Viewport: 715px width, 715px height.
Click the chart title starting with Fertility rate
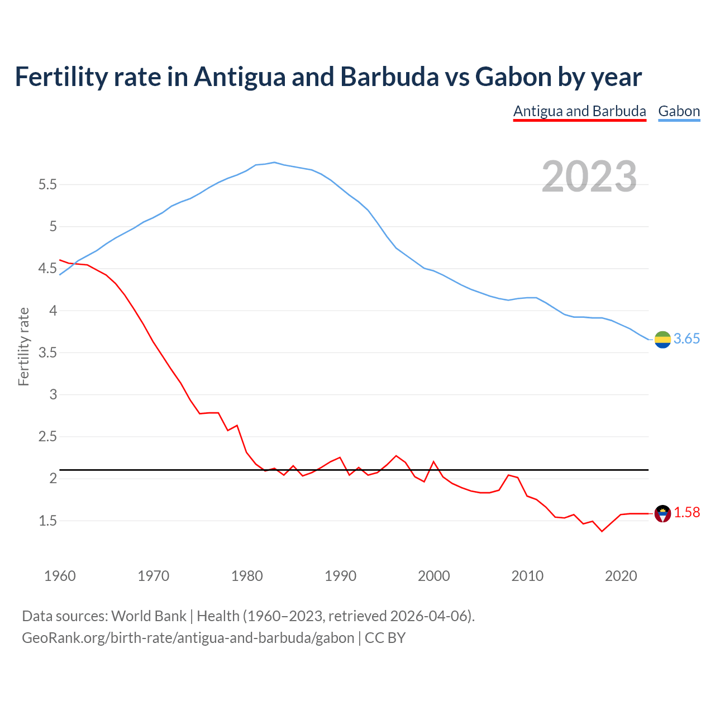[328, 77]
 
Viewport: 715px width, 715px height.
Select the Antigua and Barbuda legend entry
[579, 111]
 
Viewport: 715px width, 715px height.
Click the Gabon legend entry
[679, 111]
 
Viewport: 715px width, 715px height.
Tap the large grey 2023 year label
[589, 177]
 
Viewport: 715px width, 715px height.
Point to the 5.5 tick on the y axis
[47, 184]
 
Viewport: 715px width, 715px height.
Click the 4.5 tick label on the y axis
[47, 269]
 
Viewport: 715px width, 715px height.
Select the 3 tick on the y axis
[53, 394]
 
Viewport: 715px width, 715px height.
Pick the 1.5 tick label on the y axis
[47, 521]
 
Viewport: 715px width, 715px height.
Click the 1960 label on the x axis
[60, 576]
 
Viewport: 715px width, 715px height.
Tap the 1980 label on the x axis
[247, 576]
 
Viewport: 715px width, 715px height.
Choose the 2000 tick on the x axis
[433, 576]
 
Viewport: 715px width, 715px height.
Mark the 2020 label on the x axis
[621, 576]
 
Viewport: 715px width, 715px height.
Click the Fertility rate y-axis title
[23, 346]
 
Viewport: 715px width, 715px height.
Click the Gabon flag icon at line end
[662, 339]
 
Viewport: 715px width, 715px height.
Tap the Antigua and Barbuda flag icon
[662, 513]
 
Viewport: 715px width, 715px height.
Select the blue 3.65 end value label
[687, 339]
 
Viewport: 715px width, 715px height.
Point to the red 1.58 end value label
[687, 513]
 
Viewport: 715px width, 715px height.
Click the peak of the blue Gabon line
[274, 162]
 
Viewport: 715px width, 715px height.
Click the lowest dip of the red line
[602, 531]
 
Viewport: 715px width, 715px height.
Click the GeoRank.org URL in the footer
[188, 638]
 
